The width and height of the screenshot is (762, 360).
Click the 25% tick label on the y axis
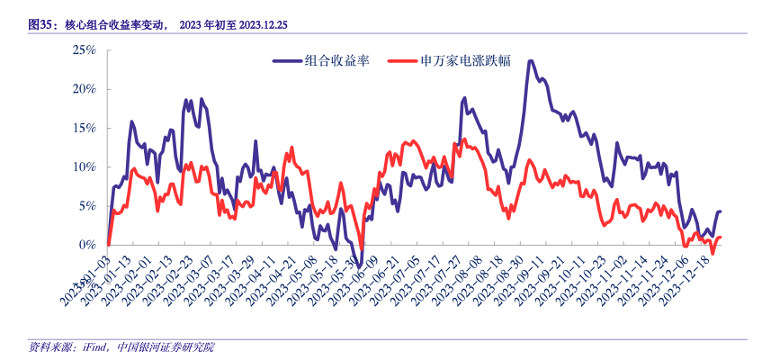tap(84, 50)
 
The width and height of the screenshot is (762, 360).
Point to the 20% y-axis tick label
tap(84, 89)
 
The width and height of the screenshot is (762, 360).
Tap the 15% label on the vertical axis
tap(84, 128)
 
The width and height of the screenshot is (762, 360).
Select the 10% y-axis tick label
tap(84, 166)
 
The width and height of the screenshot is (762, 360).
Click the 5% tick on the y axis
tap(86, 205)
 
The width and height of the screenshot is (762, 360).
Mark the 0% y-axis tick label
tap(86, 244)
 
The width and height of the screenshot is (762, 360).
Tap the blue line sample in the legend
tap(287, 61)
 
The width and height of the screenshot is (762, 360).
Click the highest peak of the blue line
tap(531, 61)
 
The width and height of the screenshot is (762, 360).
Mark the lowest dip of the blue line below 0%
tap(361, 264)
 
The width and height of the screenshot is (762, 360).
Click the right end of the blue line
tap(720, 211)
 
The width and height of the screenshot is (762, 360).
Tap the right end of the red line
tap(720, 238)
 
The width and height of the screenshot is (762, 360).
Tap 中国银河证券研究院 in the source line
tap(166, 347)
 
